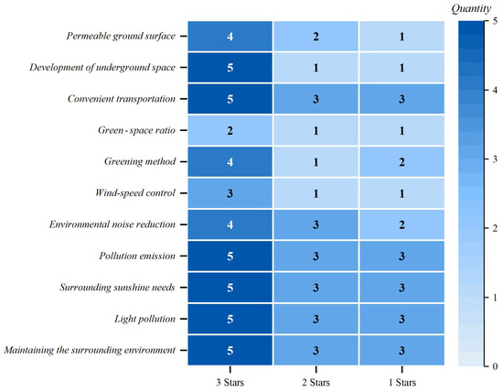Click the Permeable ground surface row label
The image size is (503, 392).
click(123, 37)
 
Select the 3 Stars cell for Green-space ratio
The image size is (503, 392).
click(230, 130)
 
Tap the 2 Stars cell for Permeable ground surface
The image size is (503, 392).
click(316, 37)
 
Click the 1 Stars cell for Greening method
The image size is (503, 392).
click(401, 161)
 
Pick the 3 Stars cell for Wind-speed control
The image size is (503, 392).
click(230, 192)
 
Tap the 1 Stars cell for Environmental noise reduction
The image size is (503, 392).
click(401, 223)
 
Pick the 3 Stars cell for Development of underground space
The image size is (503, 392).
click(230, 68)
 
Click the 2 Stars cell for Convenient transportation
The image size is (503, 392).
click(316, 99)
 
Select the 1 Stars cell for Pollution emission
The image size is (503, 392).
click(401, 255)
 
